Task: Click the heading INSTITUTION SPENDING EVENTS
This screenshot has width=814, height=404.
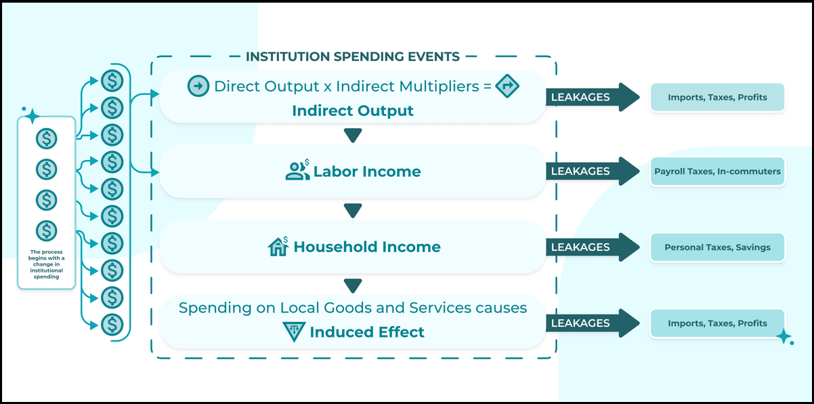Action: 353,57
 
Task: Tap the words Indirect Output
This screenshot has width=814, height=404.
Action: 353,110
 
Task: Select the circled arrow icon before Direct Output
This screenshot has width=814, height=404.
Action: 198,86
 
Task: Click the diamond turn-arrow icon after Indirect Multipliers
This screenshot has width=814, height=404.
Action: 507,86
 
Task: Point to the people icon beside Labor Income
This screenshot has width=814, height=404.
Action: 297,170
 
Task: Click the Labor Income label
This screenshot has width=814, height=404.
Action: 367,171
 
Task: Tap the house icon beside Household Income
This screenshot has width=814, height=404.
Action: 278,246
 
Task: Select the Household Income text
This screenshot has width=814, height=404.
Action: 367,247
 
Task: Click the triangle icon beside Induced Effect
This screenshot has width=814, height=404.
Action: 294,331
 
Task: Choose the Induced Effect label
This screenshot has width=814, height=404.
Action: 367,332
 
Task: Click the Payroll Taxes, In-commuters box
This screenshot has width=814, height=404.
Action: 717,171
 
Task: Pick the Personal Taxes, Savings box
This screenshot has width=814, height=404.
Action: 717,247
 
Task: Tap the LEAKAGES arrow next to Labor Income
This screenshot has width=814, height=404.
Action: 593,171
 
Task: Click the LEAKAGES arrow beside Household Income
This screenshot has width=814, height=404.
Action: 593,247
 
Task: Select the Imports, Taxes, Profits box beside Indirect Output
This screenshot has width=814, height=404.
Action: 717,98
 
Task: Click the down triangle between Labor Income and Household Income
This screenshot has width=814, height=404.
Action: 353,210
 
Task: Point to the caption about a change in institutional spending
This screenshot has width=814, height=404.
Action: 47,264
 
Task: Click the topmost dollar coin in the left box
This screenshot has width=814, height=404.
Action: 47,138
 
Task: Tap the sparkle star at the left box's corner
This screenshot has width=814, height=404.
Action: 32,117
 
